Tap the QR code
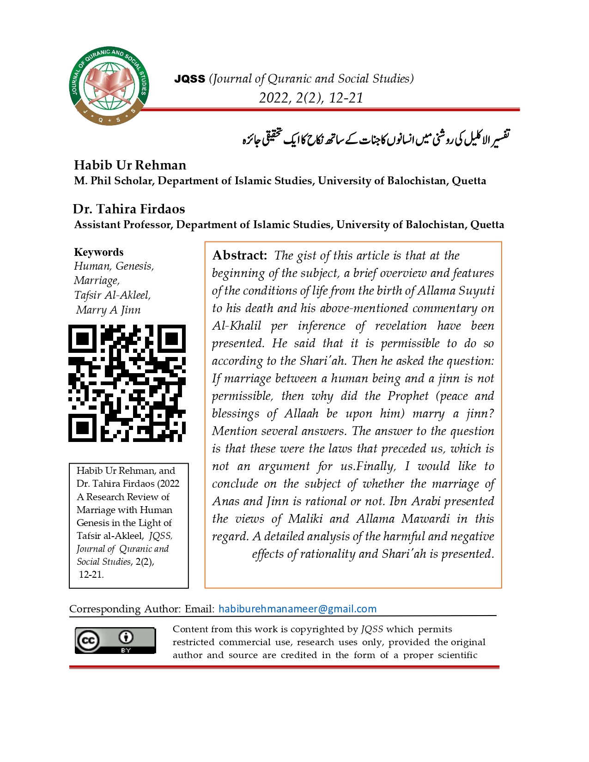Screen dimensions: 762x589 127,383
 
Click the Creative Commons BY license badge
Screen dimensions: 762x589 115,640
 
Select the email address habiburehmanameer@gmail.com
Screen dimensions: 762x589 298,609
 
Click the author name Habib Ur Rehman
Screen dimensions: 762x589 130,165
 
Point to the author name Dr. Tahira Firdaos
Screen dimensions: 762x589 129,209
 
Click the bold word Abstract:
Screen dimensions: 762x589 239,255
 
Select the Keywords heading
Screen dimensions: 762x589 99,252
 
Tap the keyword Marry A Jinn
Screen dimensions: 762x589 108,310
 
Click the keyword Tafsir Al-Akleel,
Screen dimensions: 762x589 112,295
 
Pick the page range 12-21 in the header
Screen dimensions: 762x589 346,98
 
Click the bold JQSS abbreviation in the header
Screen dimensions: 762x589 189,79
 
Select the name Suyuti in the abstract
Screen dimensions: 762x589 476,290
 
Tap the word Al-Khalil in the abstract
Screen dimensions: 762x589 237,326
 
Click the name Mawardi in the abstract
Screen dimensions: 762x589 425,519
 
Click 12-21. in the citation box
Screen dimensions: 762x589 91,575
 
